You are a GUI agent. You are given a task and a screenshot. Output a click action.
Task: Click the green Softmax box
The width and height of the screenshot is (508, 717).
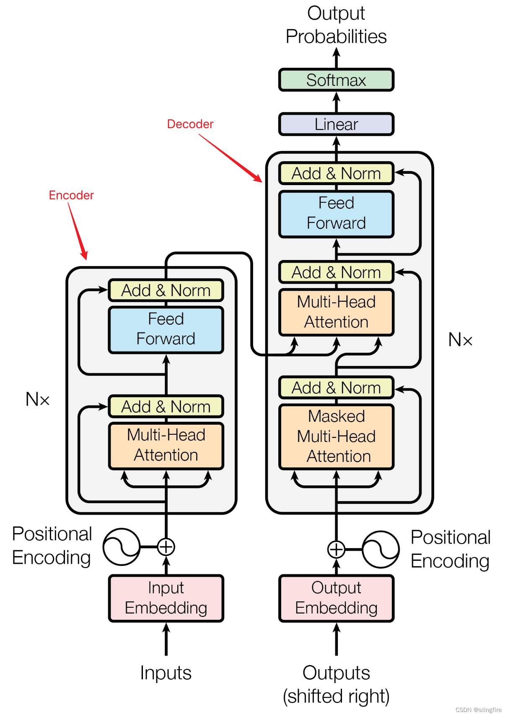coord(336,80)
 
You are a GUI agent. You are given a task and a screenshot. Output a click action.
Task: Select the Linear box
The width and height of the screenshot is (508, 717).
coord(336,124)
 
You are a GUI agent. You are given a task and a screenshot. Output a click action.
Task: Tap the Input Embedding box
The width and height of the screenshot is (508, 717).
coord(166,598)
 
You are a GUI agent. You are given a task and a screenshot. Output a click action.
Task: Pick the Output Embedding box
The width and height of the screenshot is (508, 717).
coord(336,598)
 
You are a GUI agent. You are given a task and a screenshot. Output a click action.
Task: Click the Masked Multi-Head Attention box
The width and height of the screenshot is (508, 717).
coord(336,436)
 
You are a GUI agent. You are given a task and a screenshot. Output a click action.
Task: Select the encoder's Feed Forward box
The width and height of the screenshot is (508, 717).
coord(166,330)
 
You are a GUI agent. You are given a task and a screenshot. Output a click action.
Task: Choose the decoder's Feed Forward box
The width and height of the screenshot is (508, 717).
coord(336,214)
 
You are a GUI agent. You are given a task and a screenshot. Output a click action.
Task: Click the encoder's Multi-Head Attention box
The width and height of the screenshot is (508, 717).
coord(166,446)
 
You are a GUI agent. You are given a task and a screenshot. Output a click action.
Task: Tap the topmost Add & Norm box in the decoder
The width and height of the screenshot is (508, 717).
coord(336,173)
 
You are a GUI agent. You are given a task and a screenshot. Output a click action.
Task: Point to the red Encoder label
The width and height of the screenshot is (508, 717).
coord(71,195)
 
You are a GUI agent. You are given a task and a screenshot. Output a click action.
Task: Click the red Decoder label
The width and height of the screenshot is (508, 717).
coord(190,124)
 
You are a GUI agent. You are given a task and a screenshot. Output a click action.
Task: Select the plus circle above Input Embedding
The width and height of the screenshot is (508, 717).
coord(166,547)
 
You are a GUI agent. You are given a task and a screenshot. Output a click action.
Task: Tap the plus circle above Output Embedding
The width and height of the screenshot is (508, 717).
coord(336,549)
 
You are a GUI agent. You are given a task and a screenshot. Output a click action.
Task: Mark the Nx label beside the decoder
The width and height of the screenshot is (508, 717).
coord(460,339)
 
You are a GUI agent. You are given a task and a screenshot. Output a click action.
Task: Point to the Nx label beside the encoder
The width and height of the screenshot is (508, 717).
coord(37,399)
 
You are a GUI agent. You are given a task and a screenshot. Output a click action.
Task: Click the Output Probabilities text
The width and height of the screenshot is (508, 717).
coord(336,25)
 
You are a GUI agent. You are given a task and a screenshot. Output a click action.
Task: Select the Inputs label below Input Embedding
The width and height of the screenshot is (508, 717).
coord(166,673)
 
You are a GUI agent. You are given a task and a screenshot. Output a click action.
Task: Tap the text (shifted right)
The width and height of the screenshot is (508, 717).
coord(336,696)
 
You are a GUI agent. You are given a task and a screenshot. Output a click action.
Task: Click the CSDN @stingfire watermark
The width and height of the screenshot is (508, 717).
coord(478,709)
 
